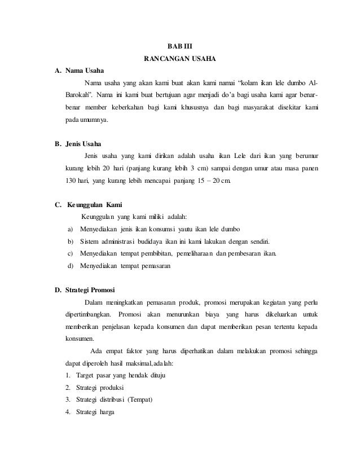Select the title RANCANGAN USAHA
click(180, 58)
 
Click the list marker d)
click(70, 265)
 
